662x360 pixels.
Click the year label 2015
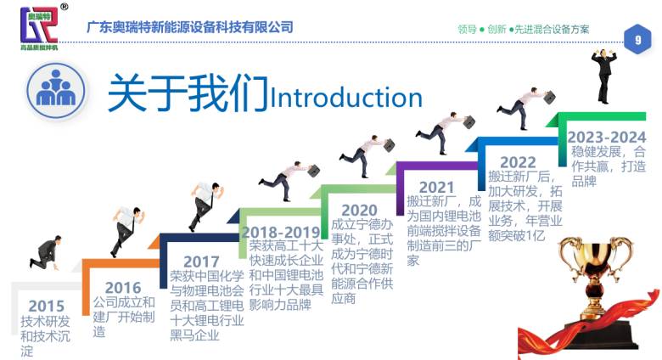pos(47,306)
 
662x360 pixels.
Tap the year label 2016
pos(123,288)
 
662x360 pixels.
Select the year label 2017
pos(201,262)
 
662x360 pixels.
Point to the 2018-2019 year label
pos(281,233)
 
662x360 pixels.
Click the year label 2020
pos(359,210)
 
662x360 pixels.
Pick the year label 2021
pos(436,187)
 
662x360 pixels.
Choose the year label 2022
pos(518,162)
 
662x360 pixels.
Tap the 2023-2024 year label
pos(607,137)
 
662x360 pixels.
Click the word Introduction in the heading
pos(345,97)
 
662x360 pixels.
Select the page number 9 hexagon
pos(637,39)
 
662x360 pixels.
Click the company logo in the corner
pos(40,27)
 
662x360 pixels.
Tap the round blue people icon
pos(56,91)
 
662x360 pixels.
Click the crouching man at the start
pos(46,252)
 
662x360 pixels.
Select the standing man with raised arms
pos(604,76)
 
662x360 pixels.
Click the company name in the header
pos(190,27)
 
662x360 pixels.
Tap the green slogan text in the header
pos(524,29)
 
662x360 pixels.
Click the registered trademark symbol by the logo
pos(65,6)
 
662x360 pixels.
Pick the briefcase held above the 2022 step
pos(549,98)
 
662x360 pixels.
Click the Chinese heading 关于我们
pos(188,93)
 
